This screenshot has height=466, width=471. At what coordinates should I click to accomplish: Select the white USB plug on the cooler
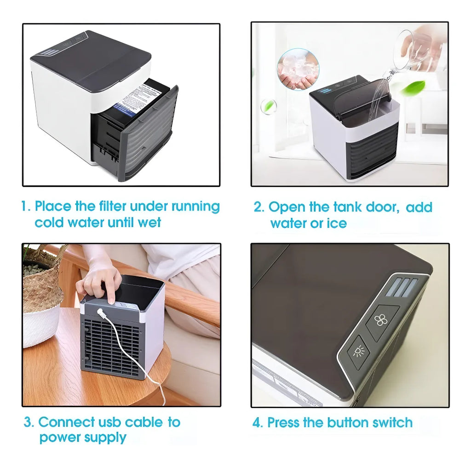(x=100, y=313)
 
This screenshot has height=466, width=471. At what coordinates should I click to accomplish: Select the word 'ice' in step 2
(x=337, y=223)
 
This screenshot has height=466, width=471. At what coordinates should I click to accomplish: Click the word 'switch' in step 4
(x=392, y=422)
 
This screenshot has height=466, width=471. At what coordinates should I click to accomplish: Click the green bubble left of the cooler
(x=268, y=107)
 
